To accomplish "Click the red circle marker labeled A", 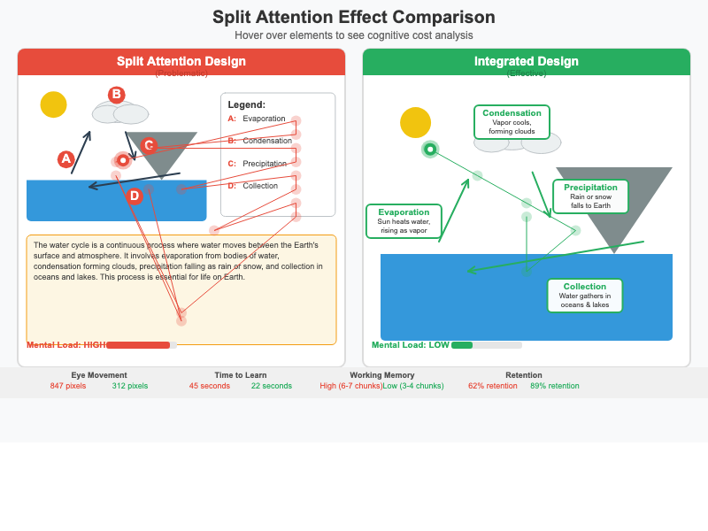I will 65,159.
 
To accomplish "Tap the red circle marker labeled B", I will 116,95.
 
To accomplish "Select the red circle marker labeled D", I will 135,196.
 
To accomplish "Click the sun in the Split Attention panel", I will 53,104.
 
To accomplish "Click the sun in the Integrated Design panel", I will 415,122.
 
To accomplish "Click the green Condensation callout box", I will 512,121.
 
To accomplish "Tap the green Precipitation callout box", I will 590,196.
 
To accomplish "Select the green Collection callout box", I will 585,296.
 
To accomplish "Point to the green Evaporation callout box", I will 404,220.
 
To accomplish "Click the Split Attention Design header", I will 181,62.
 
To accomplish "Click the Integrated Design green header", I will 526,62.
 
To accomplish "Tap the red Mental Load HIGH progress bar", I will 140,345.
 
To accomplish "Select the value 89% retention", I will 555,386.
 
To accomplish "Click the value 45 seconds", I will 209,386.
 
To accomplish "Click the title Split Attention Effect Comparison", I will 354,18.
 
